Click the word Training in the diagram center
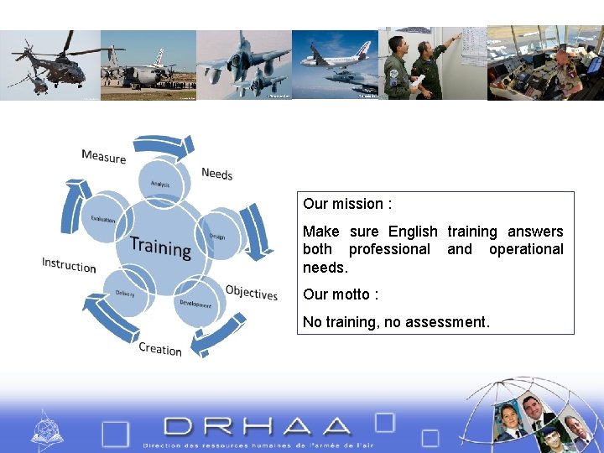(160, 247)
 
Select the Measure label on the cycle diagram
(104, 157)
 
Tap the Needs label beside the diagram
(216, 174)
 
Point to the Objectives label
(251, 293)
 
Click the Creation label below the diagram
(160, 349)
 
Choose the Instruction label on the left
(69, 265)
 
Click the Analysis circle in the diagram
(159, 184)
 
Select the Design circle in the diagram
(217, 236)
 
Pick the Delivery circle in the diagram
(125, 294)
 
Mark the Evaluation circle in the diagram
(103, 219)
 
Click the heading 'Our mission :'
(347, 204)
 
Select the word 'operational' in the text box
(526, 249)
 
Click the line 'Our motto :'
(341, 294)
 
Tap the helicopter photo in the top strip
(50, 64)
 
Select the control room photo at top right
(545, 64)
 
